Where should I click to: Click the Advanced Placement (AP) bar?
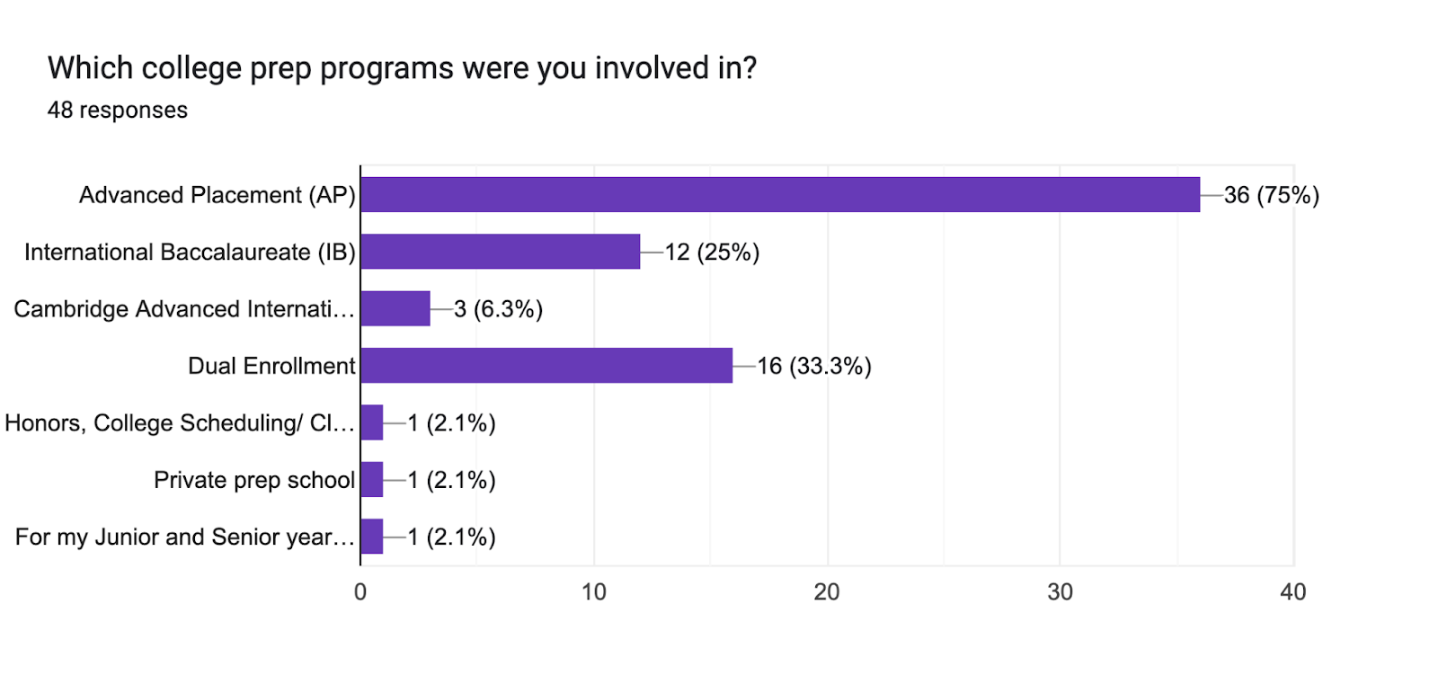point(780,195)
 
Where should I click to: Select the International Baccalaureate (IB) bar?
point(501,252)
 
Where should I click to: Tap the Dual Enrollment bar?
point(546,366)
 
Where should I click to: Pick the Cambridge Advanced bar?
point(395,308)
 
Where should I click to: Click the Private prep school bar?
point(372,480)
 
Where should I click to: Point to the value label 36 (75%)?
point(1271,195)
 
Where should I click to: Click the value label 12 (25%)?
point(712,253)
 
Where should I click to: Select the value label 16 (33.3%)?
point(813,367)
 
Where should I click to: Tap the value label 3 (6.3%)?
point(498,309)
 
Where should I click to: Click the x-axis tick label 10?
point(593,592)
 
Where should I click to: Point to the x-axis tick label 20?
point(827,592)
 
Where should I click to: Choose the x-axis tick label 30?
point(1060,592)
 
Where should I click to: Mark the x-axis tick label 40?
point(1293,592)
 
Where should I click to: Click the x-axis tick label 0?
point(360,592)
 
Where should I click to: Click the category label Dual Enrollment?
point(271,366)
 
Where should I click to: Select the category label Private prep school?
point(254,480)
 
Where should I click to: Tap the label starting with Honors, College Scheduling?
point(180,423)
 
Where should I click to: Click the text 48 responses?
point(118,111)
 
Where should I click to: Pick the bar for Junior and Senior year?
point(372,537)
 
